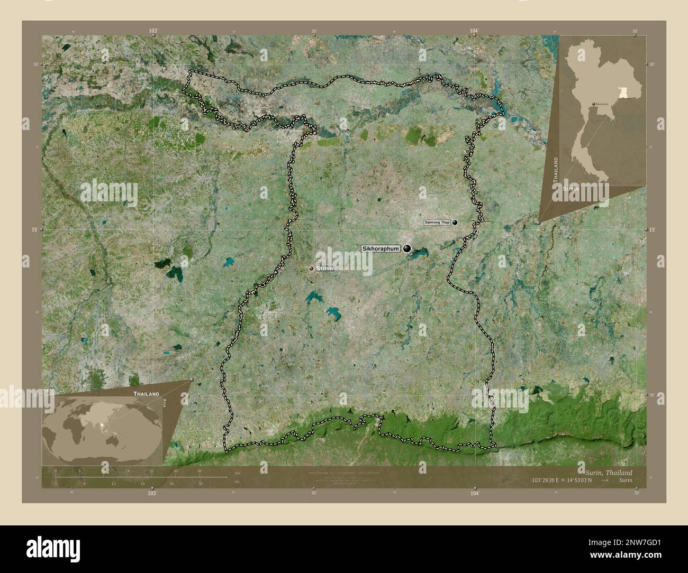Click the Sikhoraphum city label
[381, 248]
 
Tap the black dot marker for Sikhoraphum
[407, 248]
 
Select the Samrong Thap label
[437, 223]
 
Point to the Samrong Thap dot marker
[455, 223]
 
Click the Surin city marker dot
[311, 269]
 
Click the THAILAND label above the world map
[146, 394]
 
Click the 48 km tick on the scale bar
[199, 470]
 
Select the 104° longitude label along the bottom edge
[475, 493]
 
